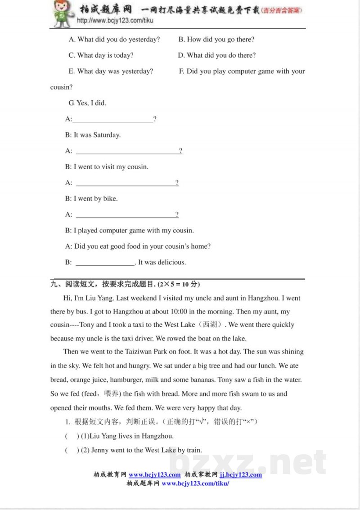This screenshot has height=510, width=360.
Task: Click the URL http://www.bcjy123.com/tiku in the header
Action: click(x=115, y=21)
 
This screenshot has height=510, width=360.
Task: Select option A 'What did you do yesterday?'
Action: click(x=114, y=40)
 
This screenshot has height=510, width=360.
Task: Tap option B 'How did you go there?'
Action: click(x=216, y=40)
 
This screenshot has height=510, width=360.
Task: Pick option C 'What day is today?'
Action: click(x=101, y=55)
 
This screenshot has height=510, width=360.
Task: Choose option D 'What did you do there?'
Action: click(x=217, y=55)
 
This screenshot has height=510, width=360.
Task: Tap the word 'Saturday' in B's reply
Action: click(x=107, y=135)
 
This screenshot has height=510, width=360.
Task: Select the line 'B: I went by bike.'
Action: click(x=91, y=198)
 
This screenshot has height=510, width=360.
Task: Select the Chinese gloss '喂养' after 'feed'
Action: click(x=111, y=394)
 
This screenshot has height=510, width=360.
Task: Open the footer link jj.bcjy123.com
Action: click(x=241, y=474)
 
